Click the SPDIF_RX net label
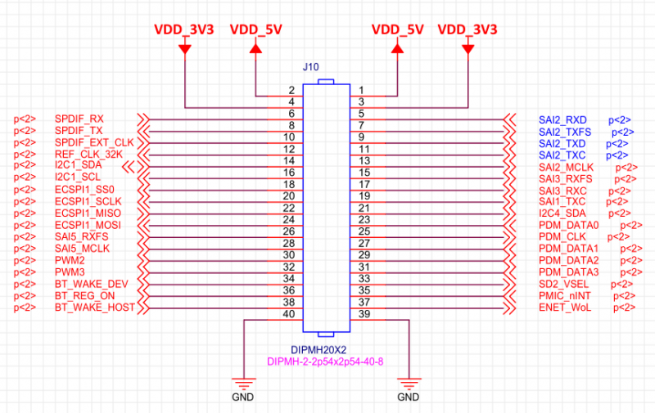(79, 119)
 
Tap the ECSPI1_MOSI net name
(88, 224)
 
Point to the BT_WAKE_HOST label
(93, 307)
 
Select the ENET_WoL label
(563, 307)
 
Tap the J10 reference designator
(311, 67)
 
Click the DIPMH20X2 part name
(325, 348)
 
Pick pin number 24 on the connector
(288, 220)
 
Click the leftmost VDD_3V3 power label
(184, 29)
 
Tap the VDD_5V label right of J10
(397, 29)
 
